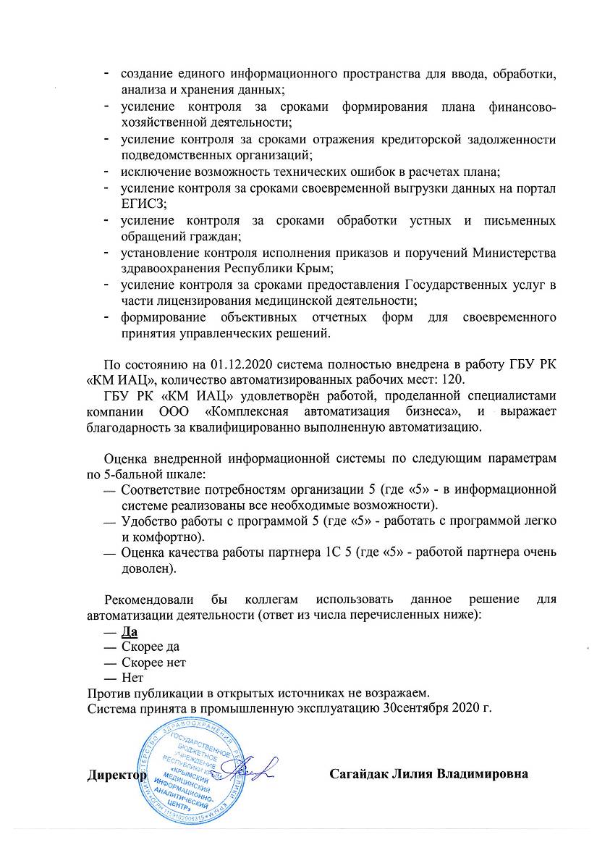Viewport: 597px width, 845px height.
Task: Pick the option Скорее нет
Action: pyautogui.click(x=154, y=662)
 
